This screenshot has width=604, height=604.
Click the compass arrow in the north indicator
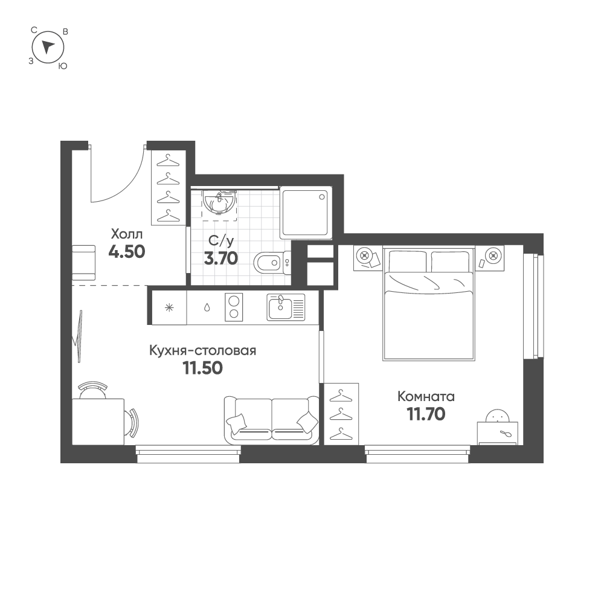pyautogui.click(x=47, y=47)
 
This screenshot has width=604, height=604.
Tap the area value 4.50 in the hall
pyautogui.click(x=127, y=252)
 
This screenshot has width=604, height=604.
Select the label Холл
pyautogui.click(x=127, y=234)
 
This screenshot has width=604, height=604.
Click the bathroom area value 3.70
pyautogui.click(x=220, y=259)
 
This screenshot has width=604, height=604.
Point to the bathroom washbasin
pyautogui.click(x=219, y=202)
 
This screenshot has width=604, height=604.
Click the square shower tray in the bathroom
pyautogui.click(x=306, y=213)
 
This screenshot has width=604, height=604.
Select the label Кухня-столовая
pyautogui.click(x=202, y=350)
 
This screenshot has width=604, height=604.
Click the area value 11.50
pyautogui.click(x=202, y=368)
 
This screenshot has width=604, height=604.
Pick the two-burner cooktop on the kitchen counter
pyautogui.click(x=234, y=307)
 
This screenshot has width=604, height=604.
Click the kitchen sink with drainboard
pyautogui.click(x=286, y=307)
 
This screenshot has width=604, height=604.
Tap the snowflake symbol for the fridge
pyautogui.click(x=169, y=308)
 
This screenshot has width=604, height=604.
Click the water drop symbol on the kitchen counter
pyautogui.click(x=207, y=307)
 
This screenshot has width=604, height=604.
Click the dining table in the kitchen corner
pyautogui.click(x=98, y=422)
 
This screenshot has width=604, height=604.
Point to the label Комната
pyautogui.click(x=426, y=396)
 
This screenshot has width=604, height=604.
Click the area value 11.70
pyautogui.click(x=426, y=414)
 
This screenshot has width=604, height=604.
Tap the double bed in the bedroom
pyautogui.click(x=429, y=304)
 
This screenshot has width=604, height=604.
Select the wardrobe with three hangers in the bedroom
pyautogui.click(x=341, y=414)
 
